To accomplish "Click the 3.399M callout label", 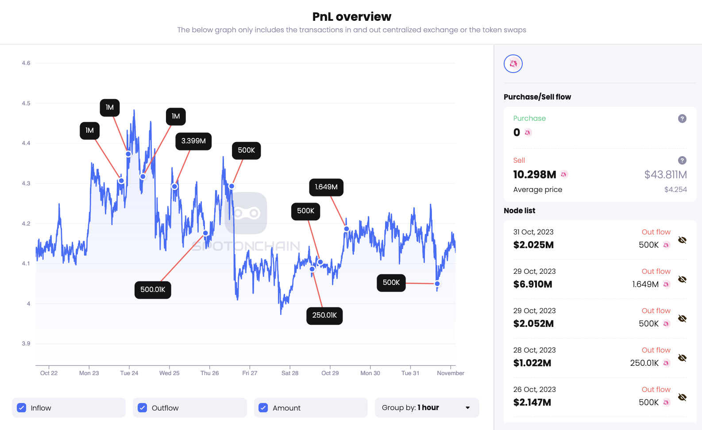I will coord(193,141).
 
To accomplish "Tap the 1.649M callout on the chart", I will coord(326,187).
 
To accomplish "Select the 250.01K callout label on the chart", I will coord(324,315).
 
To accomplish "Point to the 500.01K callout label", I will coord(153,290).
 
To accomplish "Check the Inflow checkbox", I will coord(22,408).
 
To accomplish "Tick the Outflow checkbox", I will coord(142,408).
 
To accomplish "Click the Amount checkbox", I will coord(263,408).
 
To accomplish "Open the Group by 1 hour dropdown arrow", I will coord(467,408).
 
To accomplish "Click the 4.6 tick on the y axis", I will coord(26,63).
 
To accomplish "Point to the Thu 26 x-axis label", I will coord(209,373).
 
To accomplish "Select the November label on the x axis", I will coord(450,373).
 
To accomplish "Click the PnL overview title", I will coord(351,17).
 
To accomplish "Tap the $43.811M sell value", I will coord(665,175).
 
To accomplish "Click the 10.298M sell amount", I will coord(534,175).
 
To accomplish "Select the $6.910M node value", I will coord(532,284).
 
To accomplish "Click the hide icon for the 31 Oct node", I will coord(682,240).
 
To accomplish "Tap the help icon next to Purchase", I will coord(682,119).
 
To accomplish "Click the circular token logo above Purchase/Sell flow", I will coord(513,64).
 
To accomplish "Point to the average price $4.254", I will coord(675,190).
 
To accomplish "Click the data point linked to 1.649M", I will coord(347,229).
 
